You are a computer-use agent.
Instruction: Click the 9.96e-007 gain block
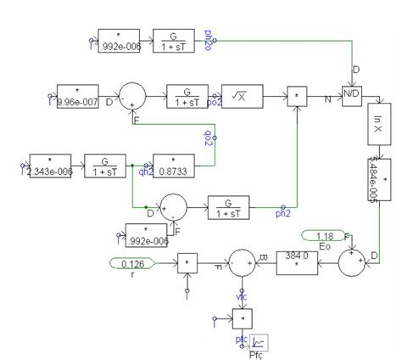click(x=78, y=93)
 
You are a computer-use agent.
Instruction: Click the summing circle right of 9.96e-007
click(x=131, y=93)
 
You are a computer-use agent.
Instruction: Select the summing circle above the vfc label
click(x=241, y=263)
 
